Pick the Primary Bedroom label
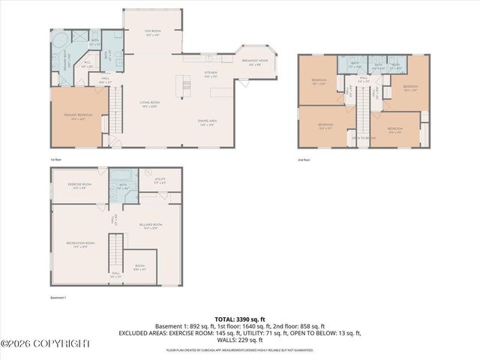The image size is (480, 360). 77,116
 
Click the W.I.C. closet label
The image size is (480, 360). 87,64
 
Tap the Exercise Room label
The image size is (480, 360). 79,185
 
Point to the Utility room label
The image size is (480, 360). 160,180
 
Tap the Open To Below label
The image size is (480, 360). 363,137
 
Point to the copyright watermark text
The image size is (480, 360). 45,344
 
